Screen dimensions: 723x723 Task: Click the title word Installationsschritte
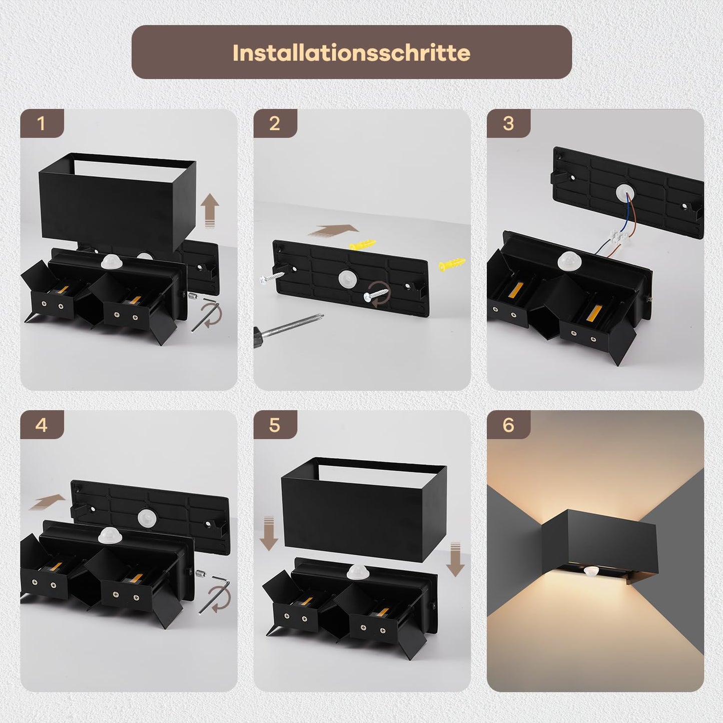(351, 53)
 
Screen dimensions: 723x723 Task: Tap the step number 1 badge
(42, 124)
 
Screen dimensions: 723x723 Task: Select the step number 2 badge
(275, 124)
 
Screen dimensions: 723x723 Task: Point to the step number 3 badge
(508, 124)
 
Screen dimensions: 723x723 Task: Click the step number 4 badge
(42, 425)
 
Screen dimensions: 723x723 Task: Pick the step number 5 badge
(275, 425)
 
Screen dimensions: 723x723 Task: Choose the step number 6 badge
(508, 425)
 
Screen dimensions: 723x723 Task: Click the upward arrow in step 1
(210, 211)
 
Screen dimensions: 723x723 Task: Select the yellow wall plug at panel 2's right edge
(452, 265)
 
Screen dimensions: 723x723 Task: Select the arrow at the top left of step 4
(48, 502)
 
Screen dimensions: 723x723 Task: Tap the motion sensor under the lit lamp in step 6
(590, 571)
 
